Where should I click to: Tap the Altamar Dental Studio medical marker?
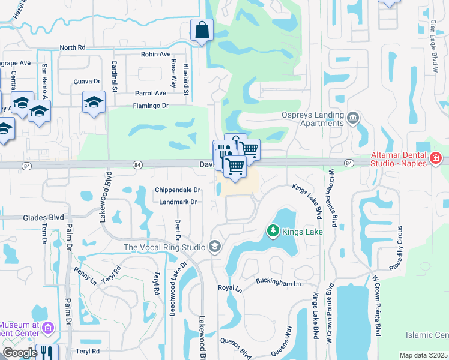click(436, 159)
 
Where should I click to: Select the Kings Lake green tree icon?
click(273, 231)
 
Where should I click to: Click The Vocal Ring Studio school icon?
click(214, 247)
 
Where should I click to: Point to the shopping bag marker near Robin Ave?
click(202, 30)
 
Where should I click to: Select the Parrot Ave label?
click(150, 94)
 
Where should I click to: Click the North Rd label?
click(73, 47)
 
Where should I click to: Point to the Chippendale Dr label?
click(177, 190)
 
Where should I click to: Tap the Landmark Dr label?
click(178, 202)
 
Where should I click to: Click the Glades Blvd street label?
click(43, 218)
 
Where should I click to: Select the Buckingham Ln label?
click(277, 281)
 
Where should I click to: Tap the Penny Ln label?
click(85, 277)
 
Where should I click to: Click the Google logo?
click(19, 353)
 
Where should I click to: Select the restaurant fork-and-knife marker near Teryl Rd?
click(46, 352)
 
